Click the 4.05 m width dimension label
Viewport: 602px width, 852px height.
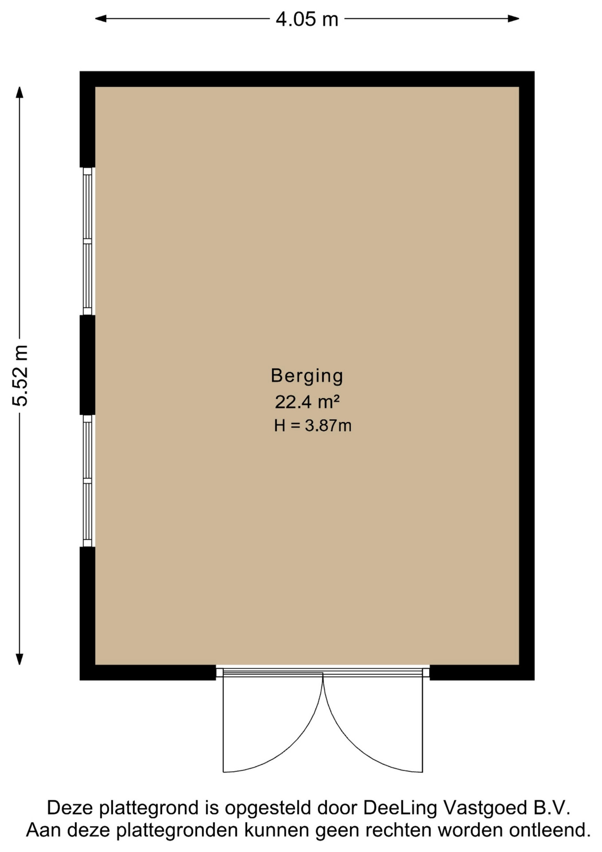tap(307, 19)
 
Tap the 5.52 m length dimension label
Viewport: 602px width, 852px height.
tap(20, 375)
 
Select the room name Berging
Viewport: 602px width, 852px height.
tap(307, 376)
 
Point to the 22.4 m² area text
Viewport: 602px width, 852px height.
tap(307, 402)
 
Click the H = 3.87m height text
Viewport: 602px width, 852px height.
tap(313, 426)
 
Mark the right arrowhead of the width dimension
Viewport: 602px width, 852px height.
tap(514, 19)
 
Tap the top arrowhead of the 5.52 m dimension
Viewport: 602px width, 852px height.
tap(20, 92)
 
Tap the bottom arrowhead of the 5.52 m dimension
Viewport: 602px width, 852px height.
tap(20, 659)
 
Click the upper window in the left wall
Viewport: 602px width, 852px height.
tap(88, 241)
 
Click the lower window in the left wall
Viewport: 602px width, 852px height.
tap(88, 481)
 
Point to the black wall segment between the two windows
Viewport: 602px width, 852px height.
tap(87, 365)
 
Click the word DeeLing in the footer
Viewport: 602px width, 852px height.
tap(400, 808)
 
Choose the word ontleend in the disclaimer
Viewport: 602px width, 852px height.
tap(550, 830)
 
